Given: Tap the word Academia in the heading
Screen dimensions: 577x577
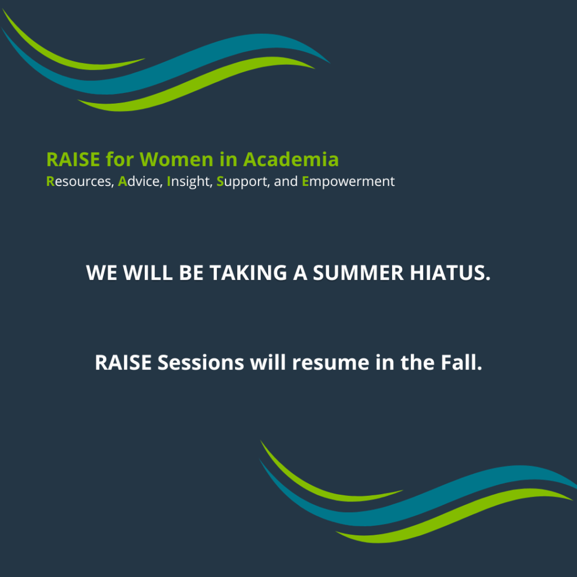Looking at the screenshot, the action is [x=291, y=159].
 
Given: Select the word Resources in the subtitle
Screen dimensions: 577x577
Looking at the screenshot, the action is [x=80, y=181].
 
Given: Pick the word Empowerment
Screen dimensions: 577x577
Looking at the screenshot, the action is [x=348, y=182].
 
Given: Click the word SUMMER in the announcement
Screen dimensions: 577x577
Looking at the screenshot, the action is [x=358, y=273].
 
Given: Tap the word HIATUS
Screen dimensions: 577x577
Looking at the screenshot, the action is [x=450, y=273].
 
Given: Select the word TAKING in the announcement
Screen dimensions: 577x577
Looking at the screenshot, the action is [x=248, y=273].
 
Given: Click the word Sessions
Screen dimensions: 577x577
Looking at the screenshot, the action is [x=201, y=362].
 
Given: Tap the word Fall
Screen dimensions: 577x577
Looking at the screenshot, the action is [x=461, y=362].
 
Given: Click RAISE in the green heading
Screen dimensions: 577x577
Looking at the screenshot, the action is [x=73, y=159].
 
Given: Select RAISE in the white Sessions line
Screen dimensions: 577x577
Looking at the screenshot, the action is [x=123, y=362].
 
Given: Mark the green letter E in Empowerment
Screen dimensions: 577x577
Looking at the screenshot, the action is [x=305, y=181].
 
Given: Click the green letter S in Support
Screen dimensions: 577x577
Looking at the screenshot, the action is [x=220, y=181].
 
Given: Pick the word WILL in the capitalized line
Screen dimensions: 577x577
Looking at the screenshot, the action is [x=148, y=273].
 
